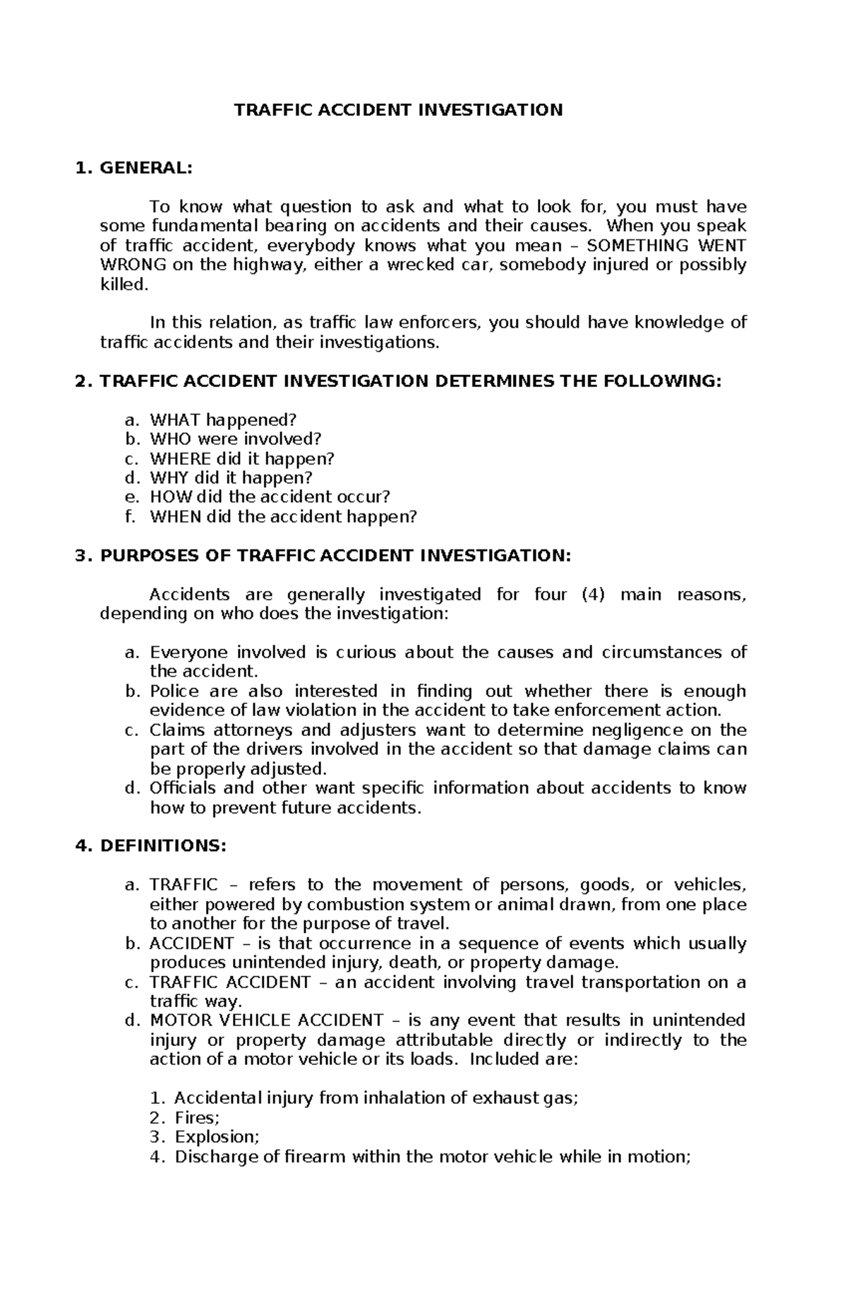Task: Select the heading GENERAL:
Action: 145,168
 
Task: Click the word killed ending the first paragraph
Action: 124,285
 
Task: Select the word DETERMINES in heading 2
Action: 493,381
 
